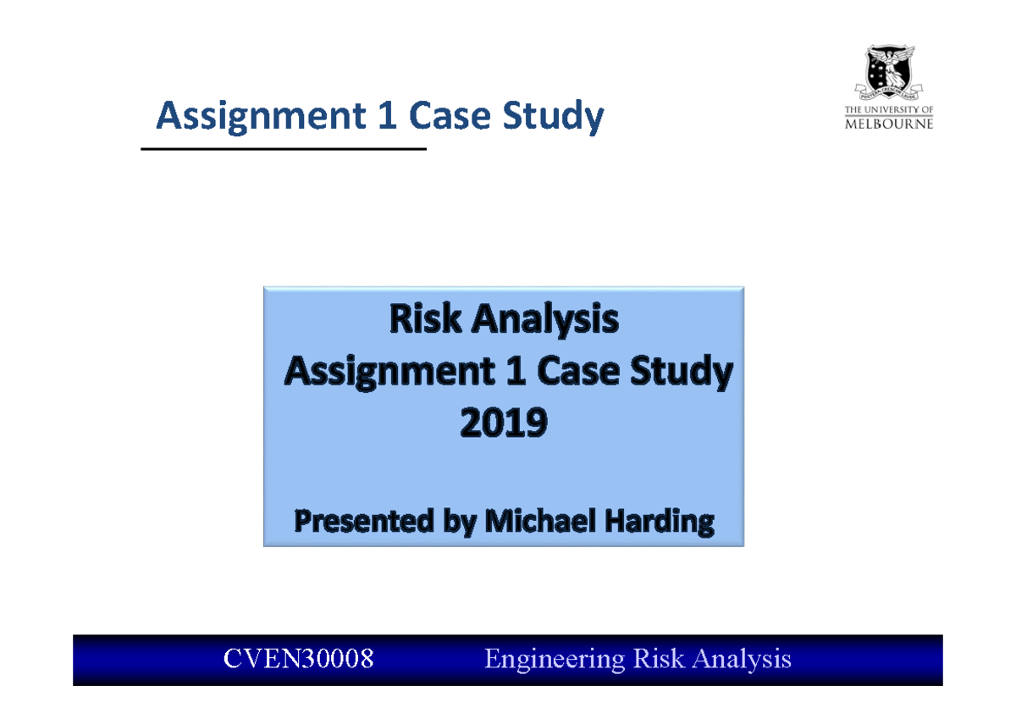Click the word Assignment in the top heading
click(x=254, y=117)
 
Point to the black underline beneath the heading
click(x=284, y=149)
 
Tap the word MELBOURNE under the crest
click(x=889, y=124)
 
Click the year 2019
click(x=504, y=423)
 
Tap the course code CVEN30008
click(x=298, y=659)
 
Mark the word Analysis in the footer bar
click(x=745, y=659)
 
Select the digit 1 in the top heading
click(x=387, y=117)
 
